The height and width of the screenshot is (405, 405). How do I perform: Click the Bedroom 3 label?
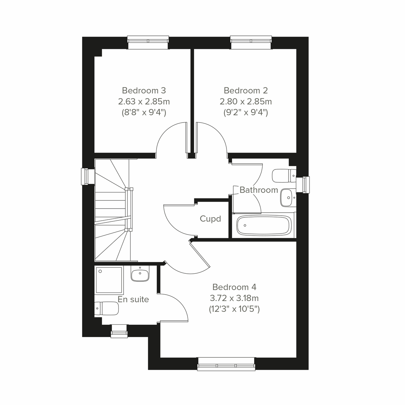click(x=144, y=90)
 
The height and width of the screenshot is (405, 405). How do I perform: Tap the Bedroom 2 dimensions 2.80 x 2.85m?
click(x=246, y=101)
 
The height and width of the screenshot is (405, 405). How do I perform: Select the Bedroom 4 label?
click(x=234, y=287)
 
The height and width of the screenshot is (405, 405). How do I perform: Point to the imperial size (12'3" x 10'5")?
click(x=234, y=309)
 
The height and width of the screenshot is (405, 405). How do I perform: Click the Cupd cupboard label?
click(x=210, y=219)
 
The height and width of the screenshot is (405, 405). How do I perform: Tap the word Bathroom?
click(x=259, y=190)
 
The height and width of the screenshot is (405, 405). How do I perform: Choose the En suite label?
click(x=133, y=299)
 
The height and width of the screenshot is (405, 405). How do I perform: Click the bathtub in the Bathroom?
click(x=263, y=225)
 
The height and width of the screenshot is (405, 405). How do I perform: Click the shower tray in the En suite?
click(x=109, y=280)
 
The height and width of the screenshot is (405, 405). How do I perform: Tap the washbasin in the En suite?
click(x=140, y=274)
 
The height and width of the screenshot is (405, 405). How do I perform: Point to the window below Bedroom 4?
click(x=226, y=364)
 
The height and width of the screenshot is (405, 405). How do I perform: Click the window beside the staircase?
click(x=87, y=177)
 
